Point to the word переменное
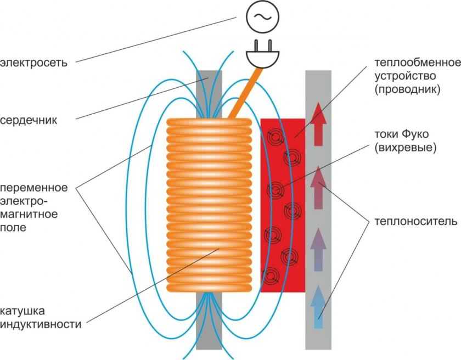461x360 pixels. coord(34,188)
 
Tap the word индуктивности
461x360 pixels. coord(41,324)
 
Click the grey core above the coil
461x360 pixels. coord(209,93)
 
